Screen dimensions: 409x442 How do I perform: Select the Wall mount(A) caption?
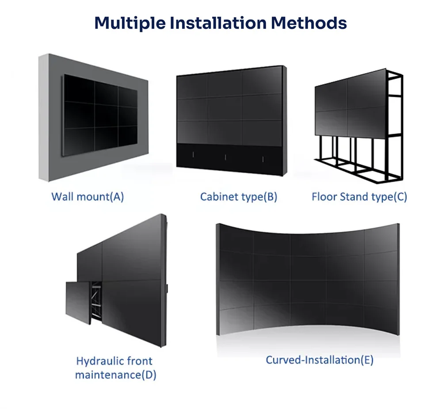pos(88,197)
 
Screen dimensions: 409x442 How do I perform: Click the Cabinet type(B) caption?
pos(239,197)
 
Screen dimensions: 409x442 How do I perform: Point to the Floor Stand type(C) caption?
pos(359,197)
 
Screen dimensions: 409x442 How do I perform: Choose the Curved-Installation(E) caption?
pos(320,360)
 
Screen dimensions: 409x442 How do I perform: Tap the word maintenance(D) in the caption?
pos(116,375)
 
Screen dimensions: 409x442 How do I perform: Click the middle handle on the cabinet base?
pos(226,157)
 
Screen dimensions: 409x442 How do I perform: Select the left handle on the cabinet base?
pos(193,154)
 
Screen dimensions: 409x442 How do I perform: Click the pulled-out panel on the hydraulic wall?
pos(79,301)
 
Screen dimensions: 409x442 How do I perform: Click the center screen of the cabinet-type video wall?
pos(225,108)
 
